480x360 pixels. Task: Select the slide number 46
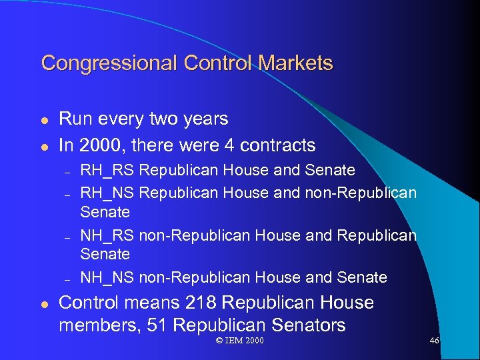click(435, 341)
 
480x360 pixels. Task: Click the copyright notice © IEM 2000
click(240, 341)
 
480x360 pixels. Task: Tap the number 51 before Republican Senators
click(197, 325)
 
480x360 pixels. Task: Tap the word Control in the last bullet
click(89, 303)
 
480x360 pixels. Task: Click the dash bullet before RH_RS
click(67, 171)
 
